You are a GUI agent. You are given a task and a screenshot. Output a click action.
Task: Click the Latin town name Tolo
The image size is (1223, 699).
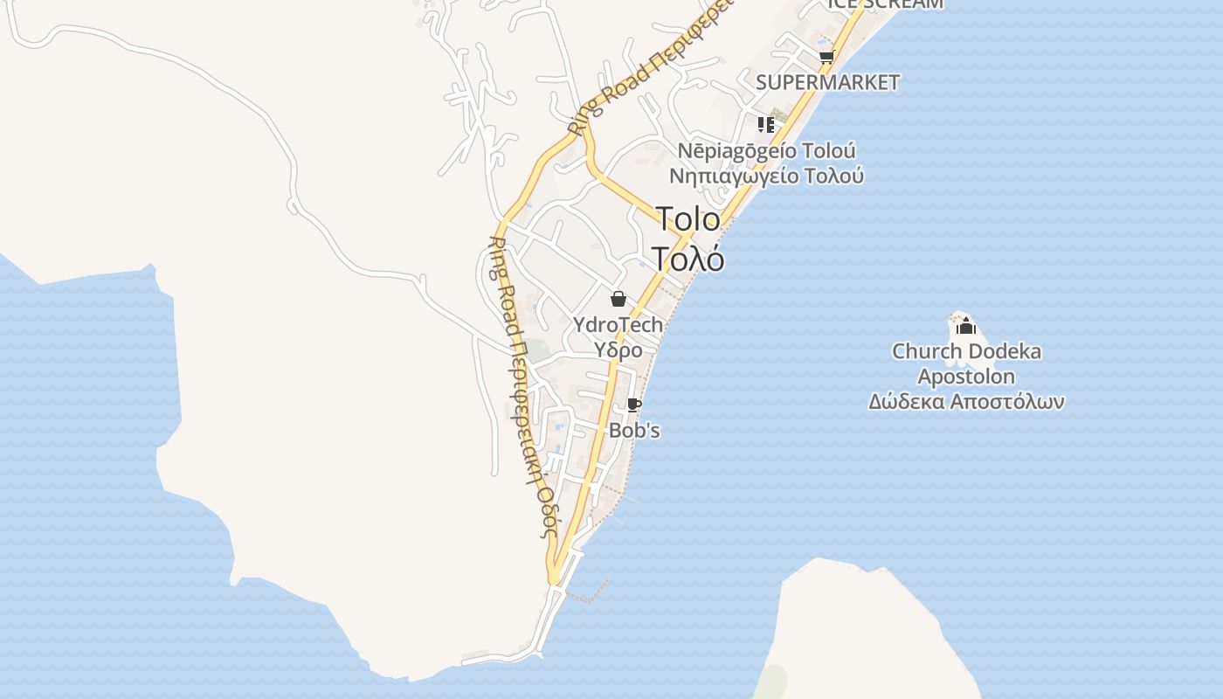click(688, 218)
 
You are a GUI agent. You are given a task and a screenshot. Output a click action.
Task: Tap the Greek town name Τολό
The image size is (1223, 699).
click(688, 259)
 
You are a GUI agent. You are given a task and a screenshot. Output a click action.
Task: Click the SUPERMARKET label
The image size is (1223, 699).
click(827, 82)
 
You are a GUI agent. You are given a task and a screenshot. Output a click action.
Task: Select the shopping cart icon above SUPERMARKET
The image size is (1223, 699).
click(826, 58)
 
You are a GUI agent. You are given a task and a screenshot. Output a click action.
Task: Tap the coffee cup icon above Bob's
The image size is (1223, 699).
click(634, 405)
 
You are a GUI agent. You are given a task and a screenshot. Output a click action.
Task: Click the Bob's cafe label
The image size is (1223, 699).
click(634, 431)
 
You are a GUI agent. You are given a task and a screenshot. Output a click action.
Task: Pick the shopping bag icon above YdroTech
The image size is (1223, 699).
click(618, 300)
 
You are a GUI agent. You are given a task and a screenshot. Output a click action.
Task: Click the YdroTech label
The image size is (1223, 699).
click(618, 325)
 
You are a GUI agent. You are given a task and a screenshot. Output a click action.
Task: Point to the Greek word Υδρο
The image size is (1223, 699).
click(618, 350)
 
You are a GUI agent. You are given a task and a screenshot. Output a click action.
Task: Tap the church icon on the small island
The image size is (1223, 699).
click(965, 327)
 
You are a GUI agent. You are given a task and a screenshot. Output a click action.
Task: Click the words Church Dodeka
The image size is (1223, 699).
click(966, 352)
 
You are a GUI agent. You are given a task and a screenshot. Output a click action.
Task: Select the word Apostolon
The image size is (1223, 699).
click(966, 377)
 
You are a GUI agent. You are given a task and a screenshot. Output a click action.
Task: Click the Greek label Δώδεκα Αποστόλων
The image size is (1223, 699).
click(966, 402)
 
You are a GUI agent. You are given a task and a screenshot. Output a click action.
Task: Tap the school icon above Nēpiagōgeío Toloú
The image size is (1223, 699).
click(766, 124)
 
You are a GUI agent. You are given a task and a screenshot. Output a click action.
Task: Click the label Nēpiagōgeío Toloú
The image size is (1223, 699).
click(767, 150)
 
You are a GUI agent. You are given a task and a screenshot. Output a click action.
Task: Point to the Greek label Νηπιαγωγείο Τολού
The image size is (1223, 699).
click(767, 176)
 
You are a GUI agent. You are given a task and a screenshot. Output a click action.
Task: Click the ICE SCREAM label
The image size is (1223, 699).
click(885, 3)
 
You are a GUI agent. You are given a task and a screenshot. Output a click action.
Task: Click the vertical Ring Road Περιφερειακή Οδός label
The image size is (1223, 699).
click(522, 384)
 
